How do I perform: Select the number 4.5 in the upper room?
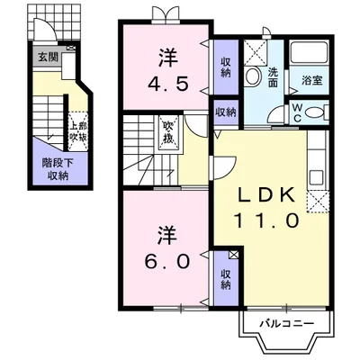[167, 87]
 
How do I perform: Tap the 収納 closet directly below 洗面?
[225, 113]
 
